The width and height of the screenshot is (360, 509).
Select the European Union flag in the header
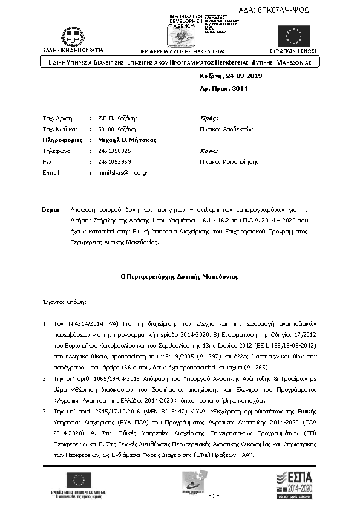pos(293,36)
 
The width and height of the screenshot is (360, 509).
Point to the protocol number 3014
pos(240,89)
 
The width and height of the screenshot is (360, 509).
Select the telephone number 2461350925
pos(114,151)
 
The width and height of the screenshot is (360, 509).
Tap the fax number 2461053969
pos(114,161)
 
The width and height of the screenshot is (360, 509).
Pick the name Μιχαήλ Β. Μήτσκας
pos(119,140)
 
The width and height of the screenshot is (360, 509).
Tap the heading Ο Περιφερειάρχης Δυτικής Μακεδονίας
pos(179,277)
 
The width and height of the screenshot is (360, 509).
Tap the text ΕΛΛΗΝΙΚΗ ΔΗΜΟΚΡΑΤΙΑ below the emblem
pos(73,50)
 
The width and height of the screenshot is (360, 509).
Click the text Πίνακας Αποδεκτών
pos(226,129)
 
